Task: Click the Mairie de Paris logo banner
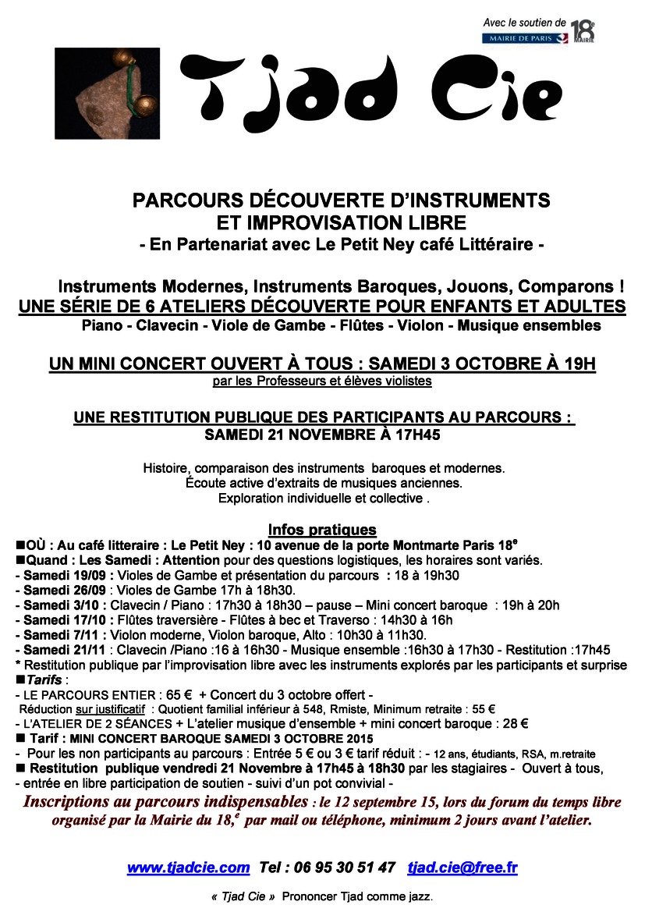tap(524, 38)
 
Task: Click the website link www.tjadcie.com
tap(188, 868)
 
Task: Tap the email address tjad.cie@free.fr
tap(462, 868)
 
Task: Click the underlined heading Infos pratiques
tap(322, 529)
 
